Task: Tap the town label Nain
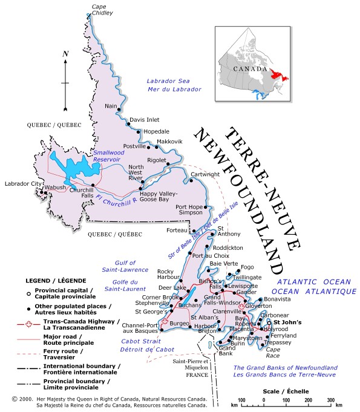111,106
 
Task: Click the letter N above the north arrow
65,54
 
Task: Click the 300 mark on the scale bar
330,401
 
